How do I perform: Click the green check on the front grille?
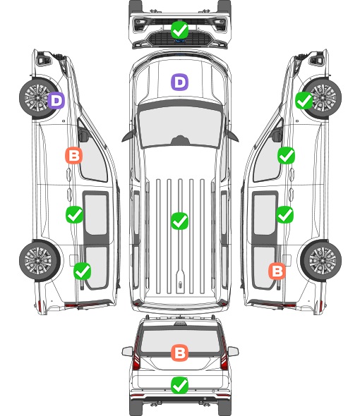[179, 30]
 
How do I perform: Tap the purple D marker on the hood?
[179, 82]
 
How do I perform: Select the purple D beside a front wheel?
[56, 100]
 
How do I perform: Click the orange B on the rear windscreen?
[179, 353]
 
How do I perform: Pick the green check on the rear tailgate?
[179, 385]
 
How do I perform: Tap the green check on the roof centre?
[179, 221]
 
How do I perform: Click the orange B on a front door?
[73, 155]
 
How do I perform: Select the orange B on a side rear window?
[277, 271]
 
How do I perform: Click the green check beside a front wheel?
[304, 100]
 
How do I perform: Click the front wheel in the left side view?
[39, 98]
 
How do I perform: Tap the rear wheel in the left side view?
[40, 261]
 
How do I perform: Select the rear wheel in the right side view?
[321, 261]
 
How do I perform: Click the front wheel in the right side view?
[322, 98]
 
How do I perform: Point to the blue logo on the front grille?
[180, 41]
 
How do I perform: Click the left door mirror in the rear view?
[127, 352]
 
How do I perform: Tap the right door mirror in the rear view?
[233, 352]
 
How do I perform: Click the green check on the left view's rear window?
[82, 271]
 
